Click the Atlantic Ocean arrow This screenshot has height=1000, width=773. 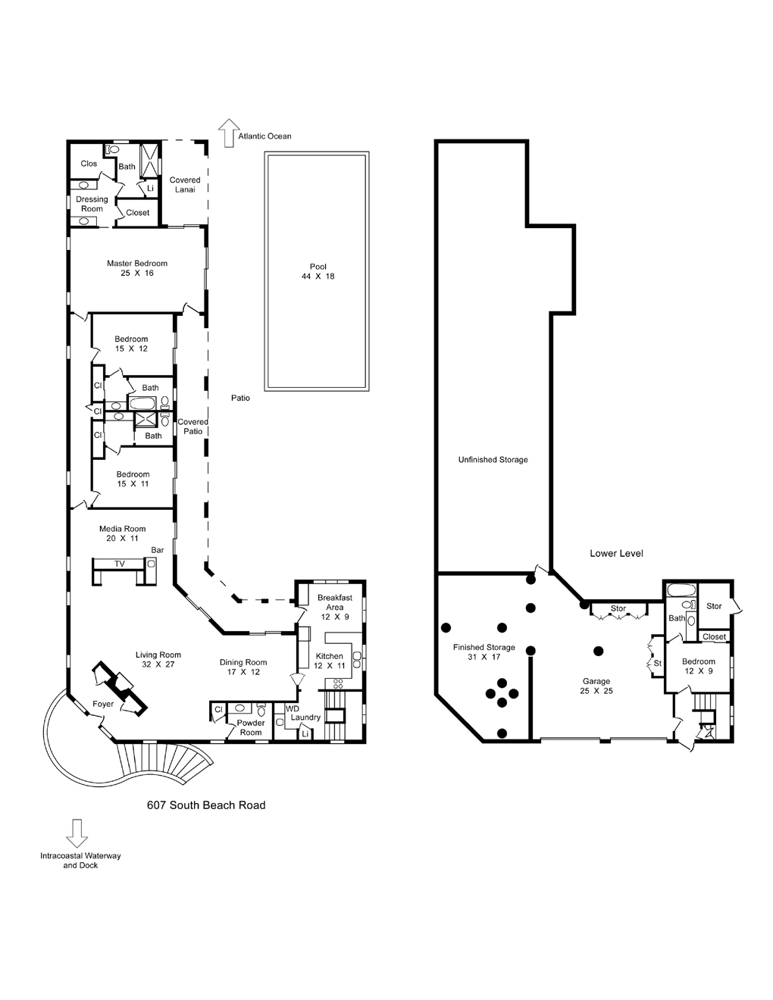[x=227, y=133]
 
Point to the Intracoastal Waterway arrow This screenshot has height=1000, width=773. [x=75, y=833]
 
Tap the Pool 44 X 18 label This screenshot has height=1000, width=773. [x=318, y=271]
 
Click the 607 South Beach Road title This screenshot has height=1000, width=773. [x=206, y=805]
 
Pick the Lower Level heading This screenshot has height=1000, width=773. [x=616, y=553]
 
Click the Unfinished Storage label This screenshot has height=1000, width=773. [x=493, y=460]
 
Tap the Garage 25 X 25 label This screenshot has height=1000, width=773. [x=596, y=686]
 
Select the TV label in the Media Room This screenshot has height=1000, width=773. [x=119, y=564]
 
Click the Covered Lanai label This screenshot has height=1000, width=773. [x=185, y=185]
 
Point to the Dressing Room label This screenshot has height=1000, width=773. [x=92, y=204]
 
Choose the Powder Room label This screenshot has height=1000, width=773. [x=251, y=727]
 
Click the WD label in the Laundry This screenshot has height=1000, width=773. [x=292, y=709]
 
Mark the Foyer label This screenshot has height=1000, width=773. [x=103, y=704]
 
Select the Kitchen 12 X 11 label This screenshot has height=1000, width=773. [x=329, y=661]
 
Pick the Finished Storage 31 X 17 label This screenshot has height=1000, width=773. [x=484, y=652]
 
